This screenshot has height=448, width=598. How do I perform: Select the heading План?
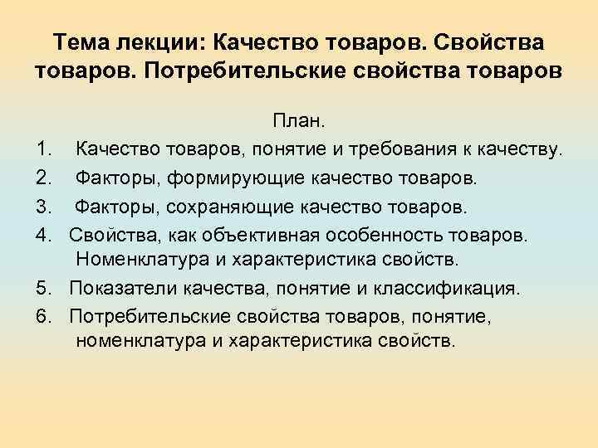pos(299,123)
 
